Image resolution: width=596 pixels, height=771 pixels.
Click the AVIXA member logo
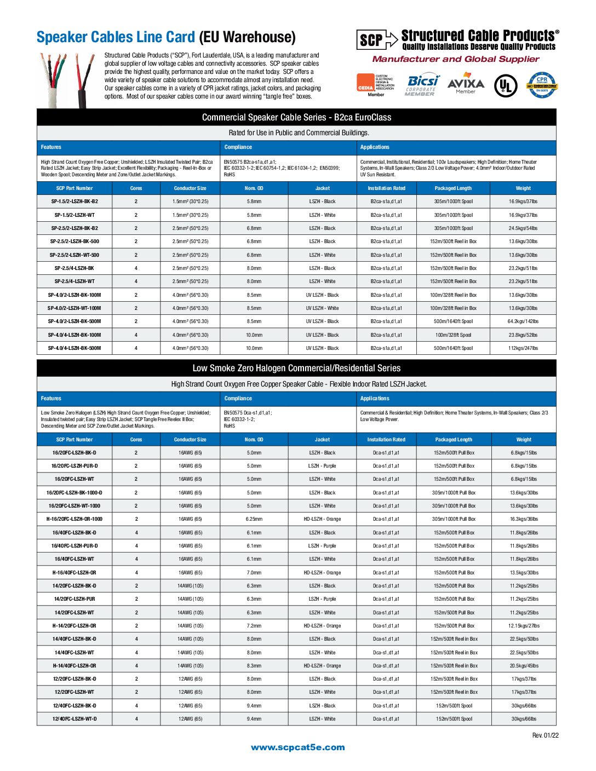[x=466, y=85]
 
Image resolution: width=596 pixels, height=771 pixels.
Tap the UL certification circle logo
[x=506, y=85]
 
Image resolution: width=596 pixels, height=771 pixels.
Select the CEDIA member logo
[x=376, y=84]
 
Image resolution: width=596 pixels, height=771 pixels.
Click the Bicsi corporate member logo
[x=422, y=84]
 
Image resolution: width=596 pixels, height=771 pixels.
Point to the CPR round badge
[x=542, y=85]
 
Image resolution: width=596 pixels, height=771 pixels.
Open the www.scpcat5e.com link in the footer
[x=298, y=747]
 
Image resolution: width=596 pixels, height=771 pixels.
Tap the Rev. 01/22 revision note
[x=545, y=735]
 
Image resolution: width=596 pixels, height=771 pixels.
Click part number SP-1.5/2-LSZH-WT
[x=74, y=215]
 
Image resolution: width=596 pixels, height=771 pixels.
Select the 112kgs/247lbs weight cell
[x=523, y=348]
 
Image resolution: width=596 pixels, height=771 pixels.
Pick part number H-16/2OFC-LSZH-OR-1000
[x=74, y=519]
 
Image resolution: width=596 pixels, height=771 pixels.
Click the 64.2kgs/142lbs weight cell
[x=523, y=321]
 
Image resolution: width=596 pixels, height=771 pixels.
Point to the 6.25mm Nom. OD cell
[x=254, y=519]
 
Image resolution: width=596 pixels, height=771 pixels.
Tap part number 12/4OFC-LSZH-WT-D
[x=74, y=719]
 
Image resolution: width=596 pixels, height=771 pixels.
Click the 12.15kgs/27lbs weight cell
[x=524, y=626]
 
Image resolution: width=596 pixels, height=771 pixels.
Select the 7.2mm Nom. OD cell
[x=254, y=626]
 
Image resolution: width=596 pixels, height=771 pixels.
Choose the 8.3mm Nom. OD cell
[x=254, y=666]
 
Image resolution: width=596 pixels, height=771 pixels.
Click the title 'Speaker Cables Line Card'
[x=116, y=37]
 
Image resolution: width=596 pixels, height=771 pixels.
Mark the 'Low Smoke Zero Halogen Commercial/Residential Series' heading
[x=296, y=369]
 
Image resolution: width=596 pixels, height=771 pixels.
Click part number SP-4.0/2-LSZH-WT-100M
[x=74, y=308]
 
